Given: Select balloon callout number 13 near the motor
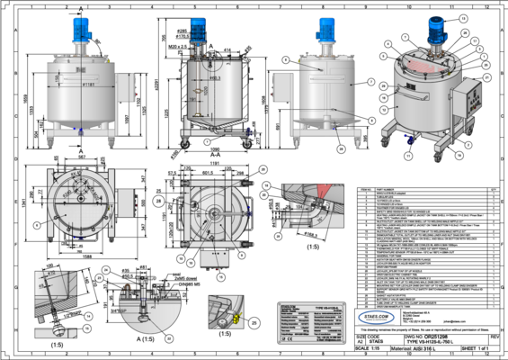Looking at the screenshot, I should point(463,17).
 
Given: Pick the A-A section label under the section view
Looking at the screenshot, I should point(209,154).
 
